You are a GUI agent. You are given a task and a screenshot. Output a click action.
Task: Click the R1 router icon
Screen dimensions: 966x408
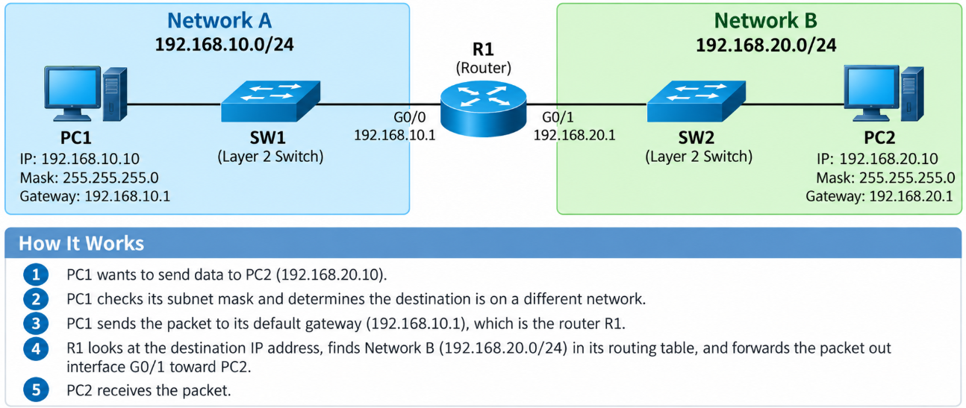coord(483,109)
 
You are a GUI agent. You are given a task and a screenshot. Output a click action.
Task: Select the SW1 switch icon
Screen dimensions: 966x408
coord(270,101)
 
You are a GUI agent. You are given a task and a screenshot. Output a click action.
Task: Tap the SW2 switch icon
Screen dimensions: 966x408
coord(696,101)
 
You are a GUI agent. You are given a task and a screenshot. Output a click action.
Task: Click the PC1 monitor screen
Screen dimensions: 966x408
coord(72,87)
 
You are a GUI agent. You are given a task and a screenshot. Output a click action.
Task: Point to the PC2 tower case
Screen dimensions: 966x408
coord(912,93)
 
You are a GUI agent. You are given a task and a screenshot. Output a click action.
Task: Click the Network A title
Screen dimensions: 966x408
coord(219,20)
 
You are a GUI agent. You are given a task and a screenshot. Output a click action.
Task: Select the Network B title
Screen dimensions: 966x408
coord(765,20)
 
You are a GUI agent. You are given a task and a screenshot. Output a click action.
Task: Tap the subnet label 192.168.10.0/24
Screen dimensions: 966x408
coord(224,44)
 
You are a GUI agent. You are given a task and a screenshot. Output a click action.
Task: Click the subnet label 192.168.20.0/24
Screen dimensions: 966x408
coord(766,45)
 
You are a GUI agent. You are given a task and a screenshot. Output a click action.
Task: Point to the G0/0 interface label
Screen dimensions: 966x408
coord(409,117)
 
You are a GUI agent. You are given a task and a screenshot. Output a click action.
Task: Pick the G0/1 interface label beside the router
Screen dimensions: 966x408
coord(558,117)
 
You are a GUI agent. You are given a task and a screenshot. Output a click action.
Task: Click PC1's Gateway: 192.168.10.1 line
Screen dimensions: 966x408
coord(95,196)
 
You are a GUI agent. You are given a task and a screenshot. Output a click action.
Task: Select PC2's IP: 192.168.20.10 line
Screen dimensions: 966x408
coord(877,159)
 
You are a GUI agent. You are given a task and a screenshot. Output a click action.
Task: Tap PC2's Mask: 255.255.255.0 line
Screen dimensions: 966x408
coord(885,178)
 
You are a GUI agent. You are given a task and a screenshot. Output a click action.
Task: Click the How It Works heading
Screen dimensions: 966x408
coord(81,243)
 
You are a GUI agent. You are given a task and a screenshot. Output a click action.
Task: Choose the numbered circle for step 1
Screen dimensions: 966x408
coord(36,274)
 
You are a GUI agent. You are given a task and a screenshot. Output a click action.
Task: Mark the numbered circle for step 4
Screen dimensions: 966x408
coord(36,348)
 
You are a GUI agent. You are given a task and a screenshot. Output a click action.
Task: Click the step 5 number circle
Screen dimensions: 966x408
coord(36,389)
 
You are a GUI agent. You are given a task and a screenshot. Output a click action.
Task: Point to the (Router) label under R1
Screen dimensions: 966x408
coord(484,68)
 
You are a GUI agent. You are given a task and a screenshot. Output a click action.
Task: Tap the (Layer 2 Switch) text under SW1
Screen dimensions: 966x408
coord(270,157)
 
